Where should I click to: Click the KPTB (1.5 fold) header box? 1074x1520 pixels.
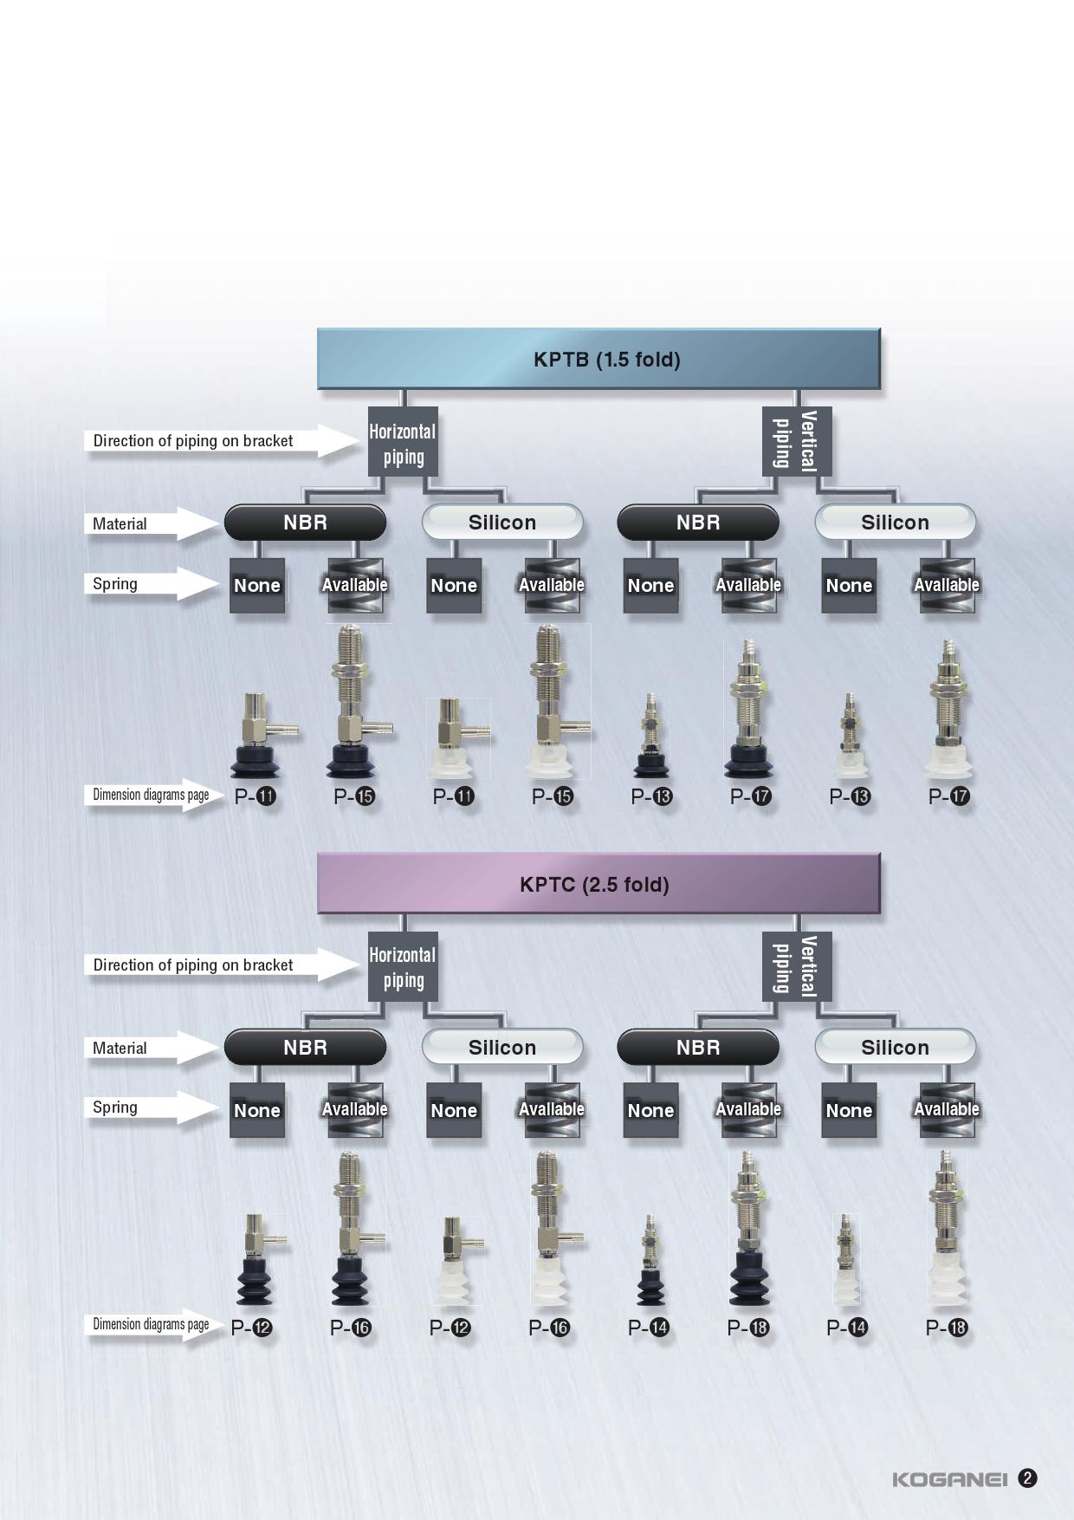[x=598, y=359]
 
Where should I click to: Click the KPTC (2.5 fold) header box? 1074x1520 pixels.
[x=598, y=884]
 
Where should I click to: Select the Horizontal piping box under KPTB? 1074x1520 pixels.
[x=403, y=443]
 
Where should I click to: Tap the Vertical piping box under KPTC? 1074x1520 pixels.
[x=796, y=966]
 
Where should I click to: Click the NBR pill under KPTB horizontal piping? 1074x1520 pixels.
[x=305, y=523]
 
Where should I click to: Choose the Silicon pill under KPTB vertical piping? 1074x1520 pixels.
[x=895, y=523]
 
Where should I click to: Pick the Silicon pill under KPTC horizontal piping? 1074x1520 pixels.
[x=502, y=1047]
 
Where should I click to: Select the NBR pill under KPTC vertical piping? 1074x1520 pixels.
[x=698, y=1047]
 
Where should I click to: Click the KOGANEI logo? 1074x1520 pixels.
[x=949, y=1479]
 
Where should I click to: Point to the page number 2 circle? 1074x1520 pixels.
[x=1027, y=1478]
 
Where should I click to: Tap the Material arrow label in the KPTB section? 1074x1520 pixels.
[x=121, y=523]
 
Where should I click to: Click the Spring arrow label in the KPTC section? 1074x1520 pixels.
[x=117, y=1108]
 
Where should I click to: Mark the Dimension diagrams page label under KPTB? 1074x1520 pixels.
[x=151, y=795]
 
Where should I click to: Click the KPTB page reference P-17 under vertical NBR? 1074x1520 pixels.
[x=750, y=796]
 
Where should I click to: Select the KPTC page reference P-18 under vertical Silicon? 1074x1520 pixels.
[x=947, y=1328]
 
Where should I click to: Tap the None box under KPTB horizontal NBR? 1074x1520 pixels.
[x=257, y=586]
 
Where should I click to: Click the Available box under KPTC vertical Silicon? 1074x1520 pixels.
[x=947, y=1109]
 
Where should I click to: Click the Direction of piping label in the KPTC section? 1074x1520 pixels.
[x=193, y=965]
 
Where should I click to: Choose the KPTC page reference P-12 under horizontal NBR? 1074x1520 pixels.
[x=252, y=1328]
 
